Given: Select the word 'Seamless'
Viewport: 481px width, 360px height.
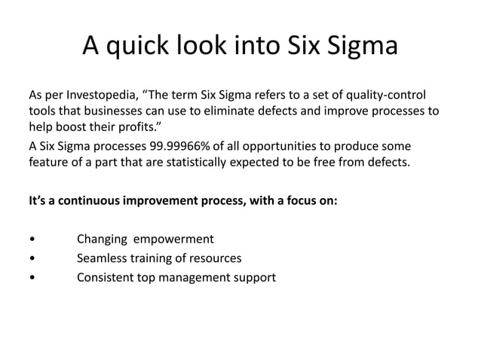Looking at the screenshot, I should pyautogui.click(x=103, y=258).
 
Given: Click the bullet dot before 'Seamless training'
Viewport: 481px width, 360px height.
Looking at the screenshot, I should pyautogui.click(x=31, y=259).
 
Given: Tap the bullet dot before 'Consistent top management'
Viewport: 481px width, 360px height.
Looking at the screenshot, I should pyautogui.click(x=31, y=278).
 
